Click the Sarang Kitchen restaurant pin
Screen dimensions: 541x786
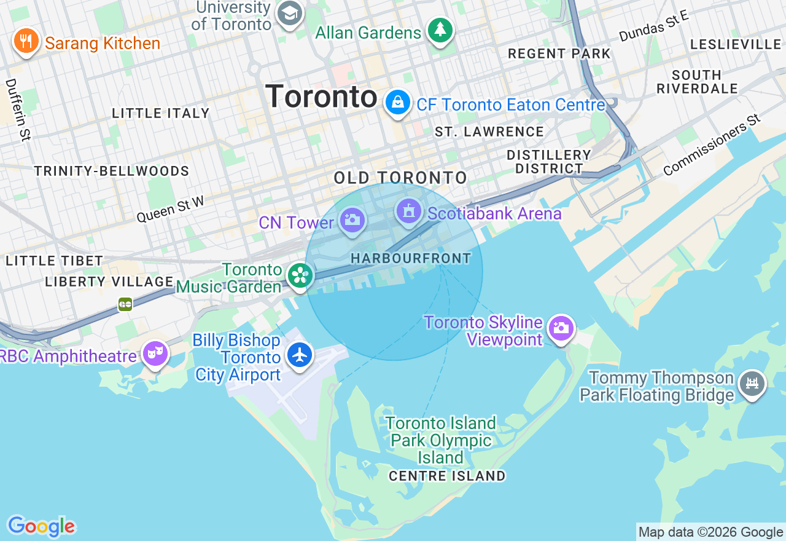pyautogui.click(x=25, y=41)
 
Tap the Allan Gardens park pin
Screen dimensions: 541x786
pyautogui.click(x=440, y=30)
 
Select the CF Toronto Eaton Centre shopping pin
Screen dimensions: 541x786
pyautogui.click(x=398, y=103)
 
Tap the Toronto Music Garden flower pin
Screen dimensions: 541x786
pyautogui.click(x=300, y=275)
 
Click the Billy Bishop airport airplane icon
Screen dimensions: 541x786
pyautogui.click(x=300, y=355)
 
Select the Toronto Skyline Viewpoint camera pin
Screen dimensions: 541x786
pyautogui.click(x=561, y=329)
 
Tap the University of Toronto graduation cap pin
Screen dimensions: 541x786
pyautogui.click(x=289, y=13)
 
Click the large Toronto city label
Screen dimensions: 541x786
pyautogui.click(x=321, y=97)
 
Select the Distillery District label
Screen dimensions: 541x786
pyautogui.click(x=549, y=162)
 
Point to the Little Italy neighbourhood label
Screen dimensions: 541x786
pyautogui.click(x=161, y=113)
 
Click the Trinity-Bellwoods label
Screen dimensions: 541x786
pyautogui.click(x=112, y=171)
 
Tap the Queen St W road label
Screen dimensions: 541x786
pyautogui.click(x=170, y=208)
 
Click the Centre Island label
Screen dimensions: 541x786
pyautogui.click(x=447, y=476)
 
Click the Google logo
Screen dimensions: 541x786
pyautogui.click(x=41, y=526)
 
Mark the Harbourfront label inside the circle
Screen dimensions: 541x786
pyautogui.click(x=411, y=259)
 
